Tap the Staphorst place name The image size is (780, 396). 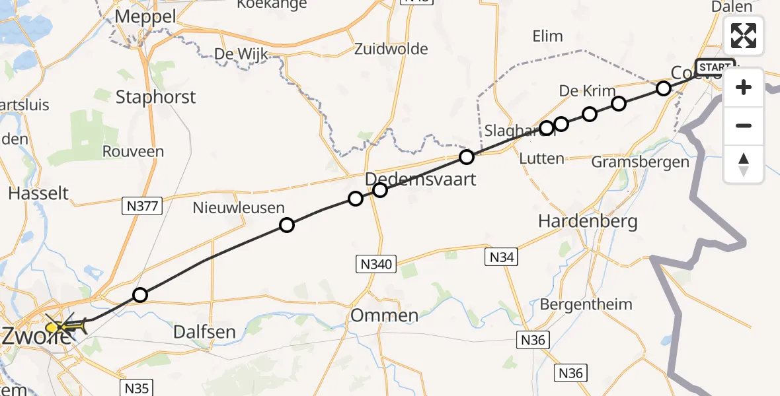[x=155, y=97]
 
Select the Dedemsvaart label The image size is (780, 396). [x=420, y=179]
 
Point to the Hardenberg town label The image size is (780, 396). [x=588, y=221]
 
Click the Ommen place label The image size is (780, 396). [x=384, y=315]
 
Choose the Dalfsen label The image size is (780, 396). [x=204, y=331]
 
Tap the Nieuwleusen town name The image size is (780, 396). [x=239, y=208]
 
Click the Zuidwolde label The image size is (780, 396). [x=391, y=49]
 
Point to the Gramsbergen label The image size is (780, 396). [x=640, y=162]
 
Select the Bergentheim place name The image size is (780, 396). [x=586, y=304]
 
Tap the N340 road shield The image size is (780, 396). [x=375, y=264]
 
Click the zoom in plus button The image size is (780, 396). [x=744, y=87]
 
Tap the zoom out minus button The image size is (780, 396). [x=744, y=125]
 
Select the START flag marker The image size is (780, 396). [x=715, y=67]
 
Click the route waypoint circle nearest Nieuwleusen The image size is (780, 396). [x=286, y=225]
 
